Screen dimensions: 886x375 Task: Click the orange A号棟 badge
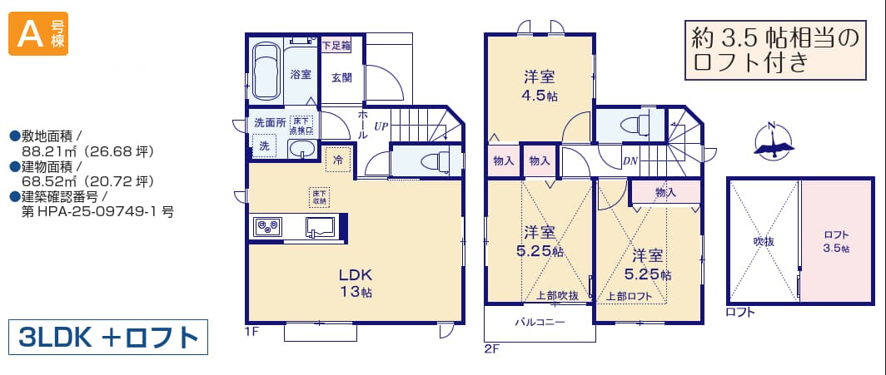37,34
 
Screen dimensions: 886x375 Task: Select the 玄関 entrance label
341,78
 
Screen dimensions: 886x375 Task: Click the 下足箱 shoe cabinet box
336,46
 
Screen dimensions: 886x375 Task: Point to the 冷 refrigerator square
339,159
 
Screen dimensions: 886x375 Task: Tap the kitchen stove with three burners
267,227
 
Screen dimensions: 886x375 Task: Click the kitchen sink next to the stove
320,227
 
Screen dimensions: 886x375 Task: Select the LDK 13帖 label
355,284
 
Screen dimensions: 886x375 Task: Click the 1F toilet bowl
436,160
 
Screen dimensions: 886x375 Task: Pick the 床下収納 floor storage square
319,197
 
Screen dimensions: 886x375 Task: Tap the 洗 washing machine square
265,146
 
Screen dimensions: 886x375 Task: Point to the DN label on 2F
630,160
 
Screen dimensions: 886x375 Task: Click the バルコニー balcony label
540,323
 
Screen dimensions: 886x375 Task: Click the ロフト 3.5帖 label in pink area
836,241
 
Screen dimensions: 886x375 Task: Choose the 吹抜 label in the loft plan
763,241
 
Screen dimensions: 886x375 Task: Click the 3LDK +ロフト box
108,338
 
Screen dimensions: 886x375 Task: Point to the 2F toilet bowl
634,125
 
